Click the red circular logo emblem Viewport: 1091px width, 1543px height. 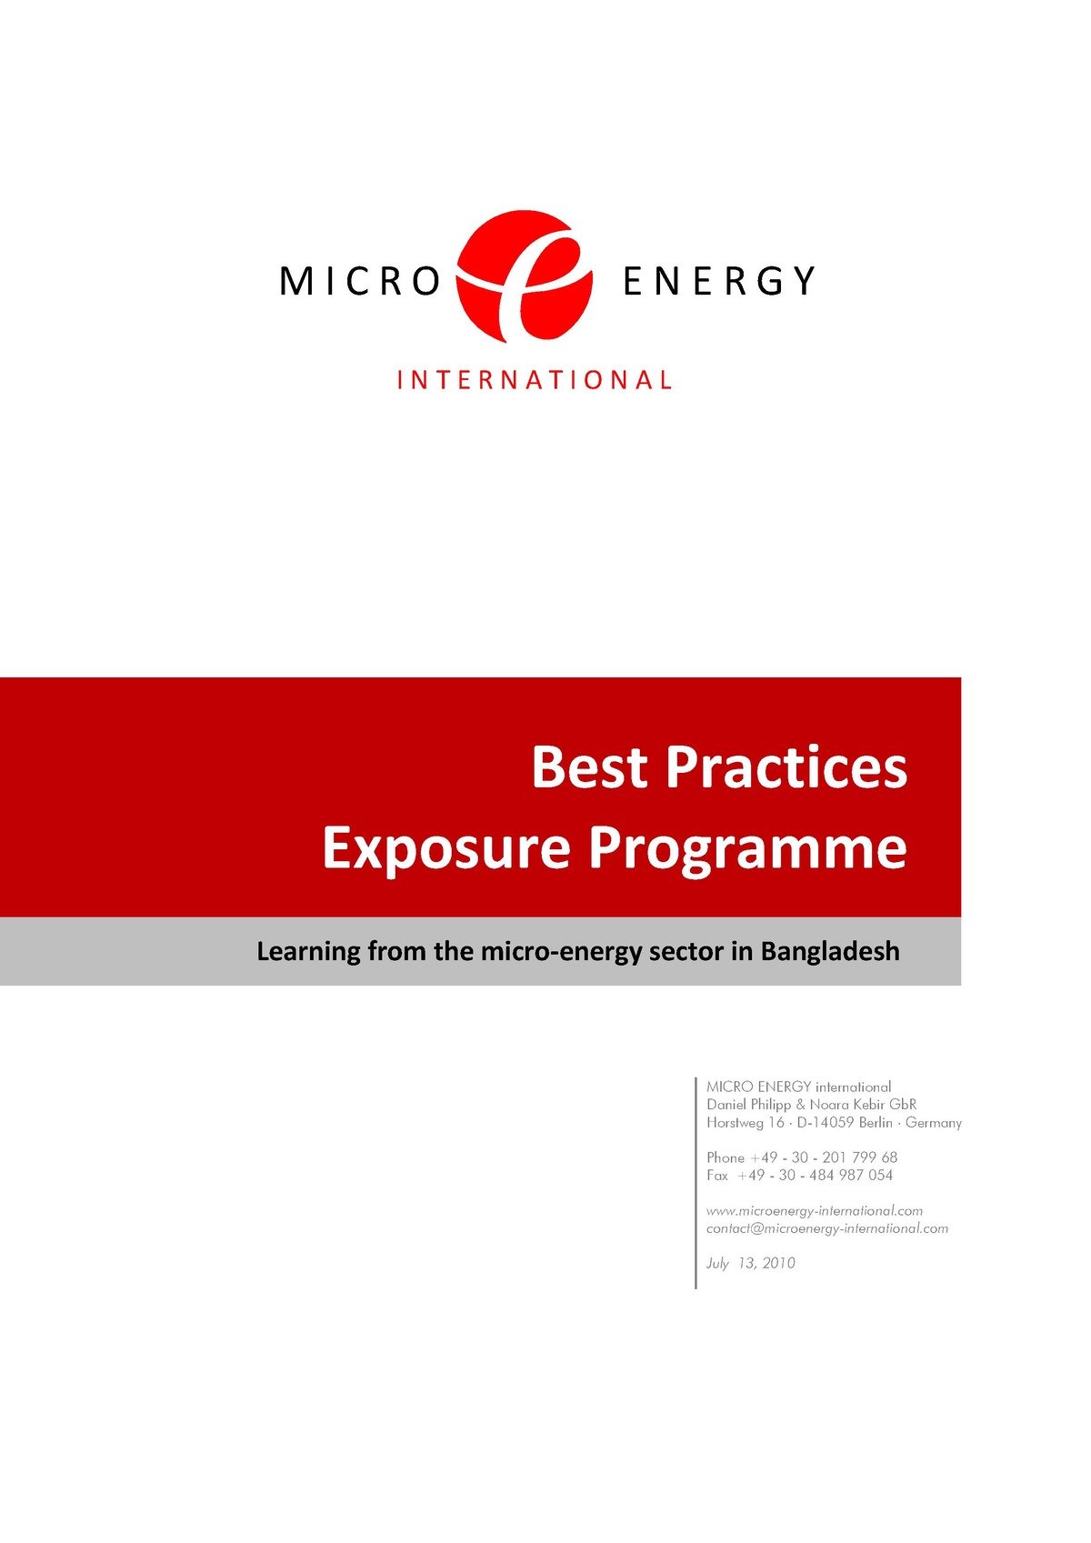point(525,276)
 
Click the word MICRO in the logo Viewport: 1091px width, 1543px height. point(360,281)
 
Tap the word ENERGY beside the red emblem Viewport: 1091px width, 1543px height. point(718,281)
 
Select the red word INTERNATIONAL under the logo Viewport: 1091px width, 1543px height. point(535,380)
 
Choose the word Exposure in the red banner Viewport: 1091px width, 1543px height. point(446,847)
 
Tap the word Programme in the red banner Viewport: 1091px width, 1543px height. point(747,849)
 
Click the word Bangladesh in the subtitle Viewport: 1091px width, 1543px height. point(830,951)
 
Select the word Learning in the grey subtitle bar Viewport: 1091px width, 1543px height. point(309,952)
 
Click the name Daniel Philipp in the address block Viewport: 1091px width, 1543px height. point(749,1105)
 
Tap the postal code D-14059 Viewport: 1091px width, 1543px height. point(826,1123)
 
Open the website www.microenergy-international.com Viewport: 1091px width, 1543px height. point(815,1211)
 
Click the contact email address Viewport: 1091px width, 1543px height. point(827,1228)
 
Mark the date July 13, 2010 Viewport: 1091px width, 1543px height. point(751,1263)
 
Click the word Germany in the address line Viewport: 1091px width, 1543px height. point(934,1123)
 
